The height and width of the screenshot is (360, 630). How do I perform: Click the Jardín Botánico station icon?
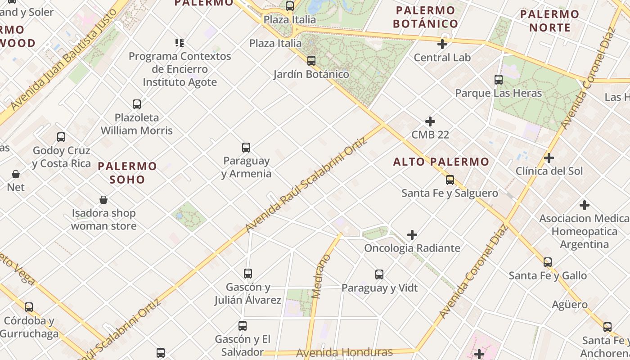311,61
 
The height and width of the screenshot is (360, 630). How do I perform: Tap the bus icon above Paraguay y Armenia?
246,147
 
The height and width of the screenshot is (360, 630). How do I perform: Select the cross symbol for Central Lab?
442,44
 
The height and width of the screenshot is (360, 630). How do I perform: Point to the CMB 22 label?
430,135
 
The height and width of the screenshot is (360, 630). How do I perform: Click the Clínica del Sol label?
549,171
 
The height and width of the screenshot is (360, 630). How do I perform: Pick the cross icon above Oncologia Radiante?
412,235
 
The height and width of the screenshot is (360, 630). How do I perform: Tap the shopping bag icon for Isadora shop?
103,200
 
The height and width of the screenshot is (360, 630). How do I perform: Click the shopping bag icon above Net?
16,174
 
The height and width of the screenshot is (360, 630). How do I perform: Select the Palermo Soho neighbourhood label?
127,173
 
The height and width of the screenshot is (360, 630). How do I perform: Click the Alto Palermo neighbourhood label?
441,162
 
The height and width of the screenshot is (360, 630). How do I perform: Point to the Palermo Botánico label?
425,17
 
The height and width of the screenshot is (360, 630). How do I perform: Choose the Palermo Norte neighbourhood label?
549,21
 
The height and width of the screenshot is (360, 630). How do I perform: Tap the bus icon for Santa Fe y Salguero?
450,180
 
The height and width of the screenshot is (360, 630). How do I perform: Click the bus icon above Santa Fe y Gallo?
548,262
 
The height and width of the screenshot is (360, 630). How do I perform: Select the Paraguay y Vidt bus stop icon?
379,274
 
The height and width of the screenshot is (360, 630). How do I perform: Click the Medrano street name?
321,277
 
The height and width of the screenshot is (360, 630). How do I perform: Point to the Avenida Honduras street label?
344,352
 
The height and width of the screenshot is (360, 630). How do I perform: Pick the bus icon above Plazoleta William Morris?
137,104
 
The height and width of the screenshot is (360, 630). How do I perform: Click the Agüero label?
570,305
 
